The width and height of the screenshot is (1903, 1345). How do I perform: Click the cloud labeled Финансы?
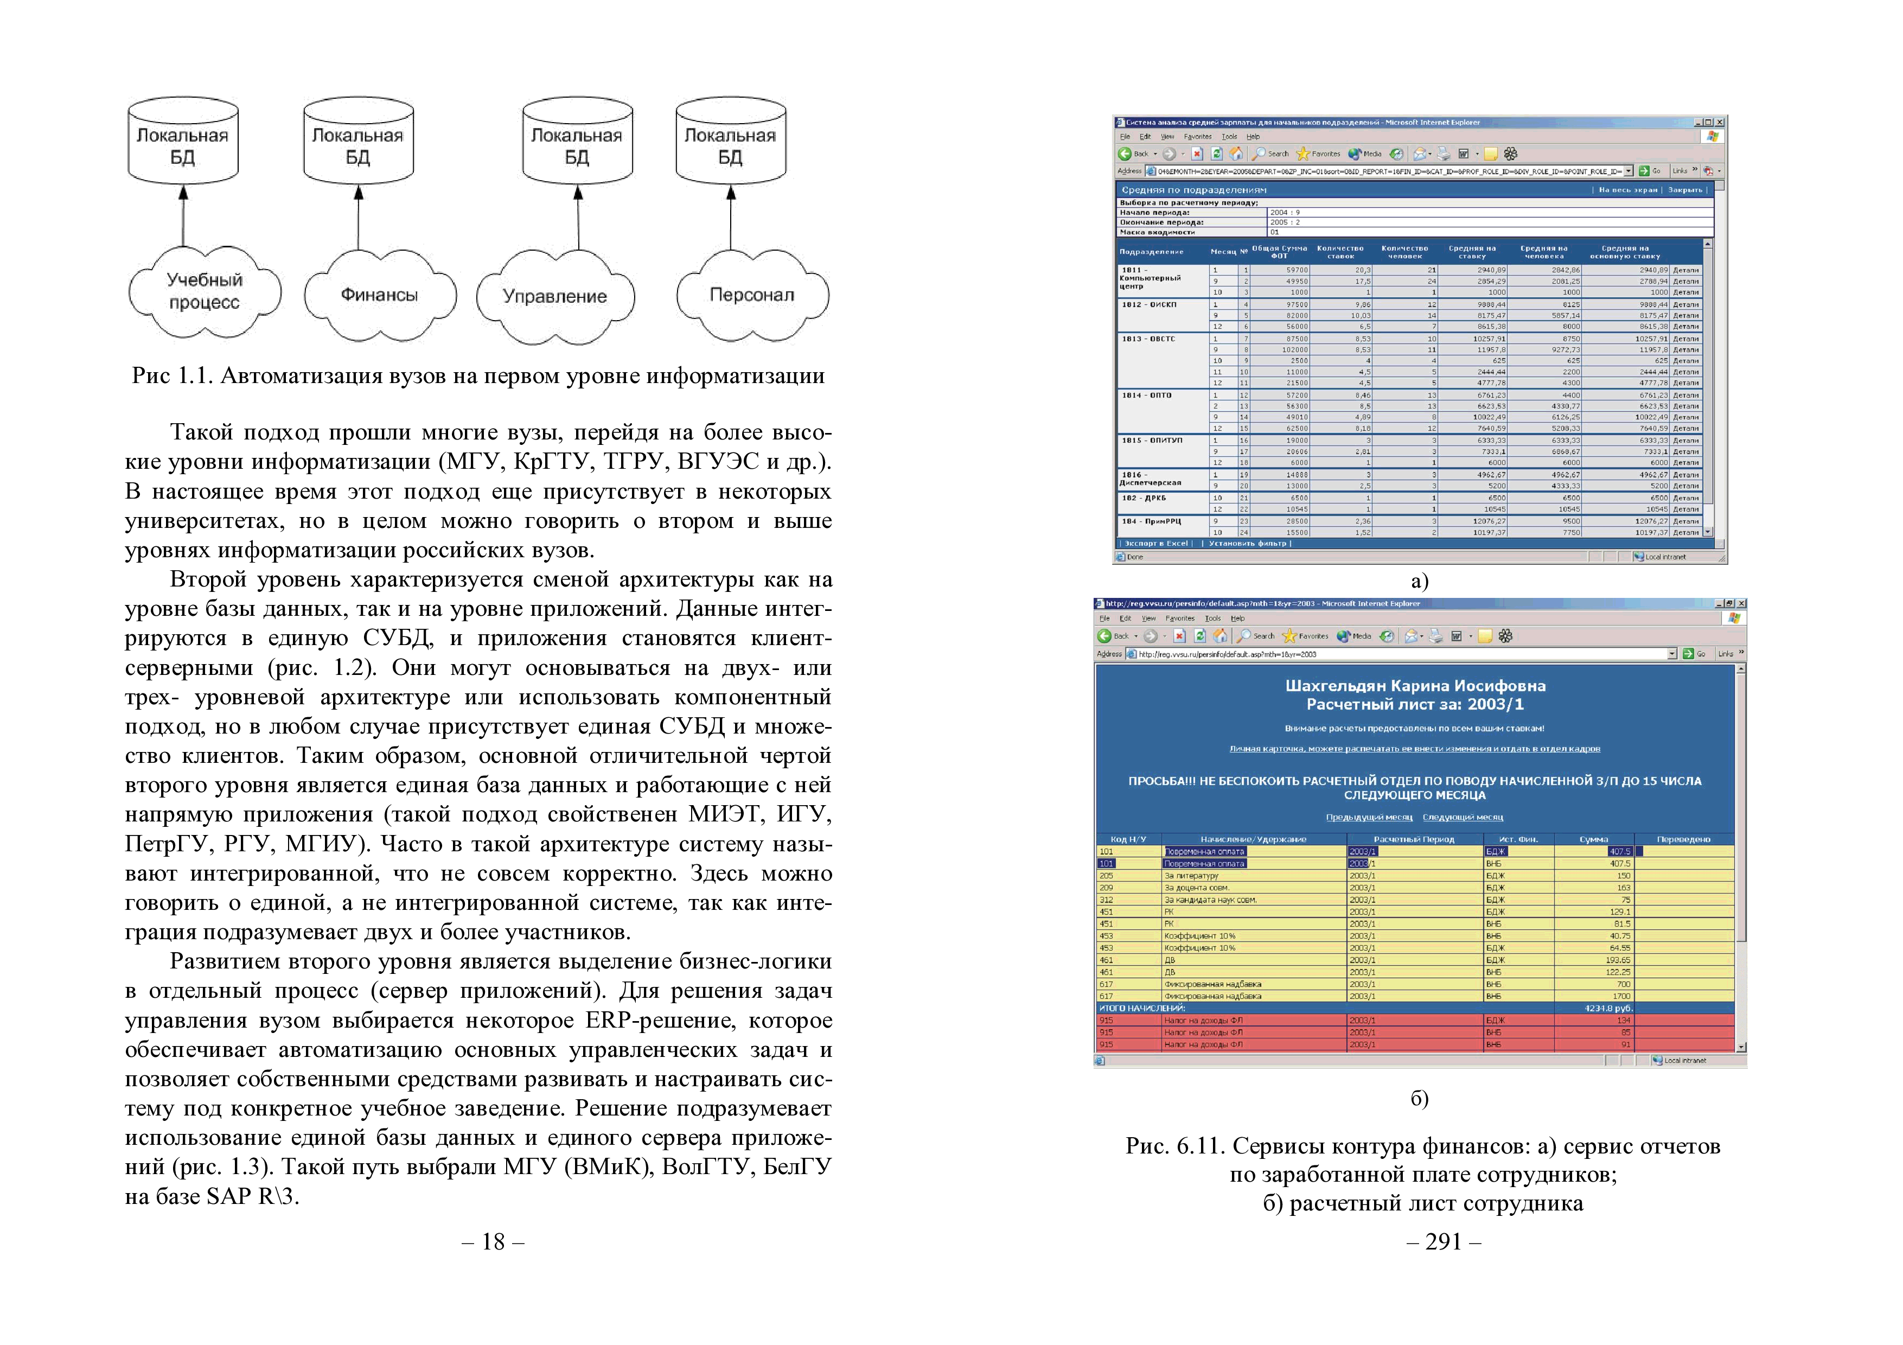click(x=380, y=295)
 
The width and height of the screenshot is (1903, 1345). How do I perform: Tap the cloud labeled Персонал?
click(x=752, y=295)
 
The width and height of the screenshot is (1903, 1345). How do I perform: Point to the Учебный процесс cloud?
click(x=204, y=292)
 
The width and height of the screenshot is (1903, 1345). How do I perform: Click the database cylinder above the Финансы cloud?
click(x=358, y=141)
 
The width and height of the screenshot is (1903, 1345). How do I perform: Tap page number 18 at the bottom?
click(x=493, y=1241)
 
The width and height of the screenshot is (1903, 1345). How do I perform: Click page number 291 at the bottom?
click(x=1443, y=1241)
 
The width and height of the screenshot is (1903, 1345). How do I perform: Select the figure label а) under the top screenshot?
click(x=1420, y=581)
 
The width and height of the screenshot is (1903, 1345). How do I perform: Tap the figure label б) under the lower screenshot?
click(x=1420, y=1098)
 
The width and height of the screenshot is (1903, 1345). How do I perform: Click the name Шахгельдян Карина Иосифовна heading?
click(x=1415, y=686)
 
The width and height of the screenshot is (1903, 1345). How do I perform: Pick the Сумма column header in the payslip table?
click(x=1593, y=839)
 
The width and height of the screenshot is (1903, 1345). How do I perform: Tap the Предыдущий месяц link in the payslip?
click(x=1369, y=817)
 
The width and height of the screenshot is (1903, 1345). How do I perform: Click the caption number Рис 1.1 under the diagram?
click(x=173, y=376)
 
